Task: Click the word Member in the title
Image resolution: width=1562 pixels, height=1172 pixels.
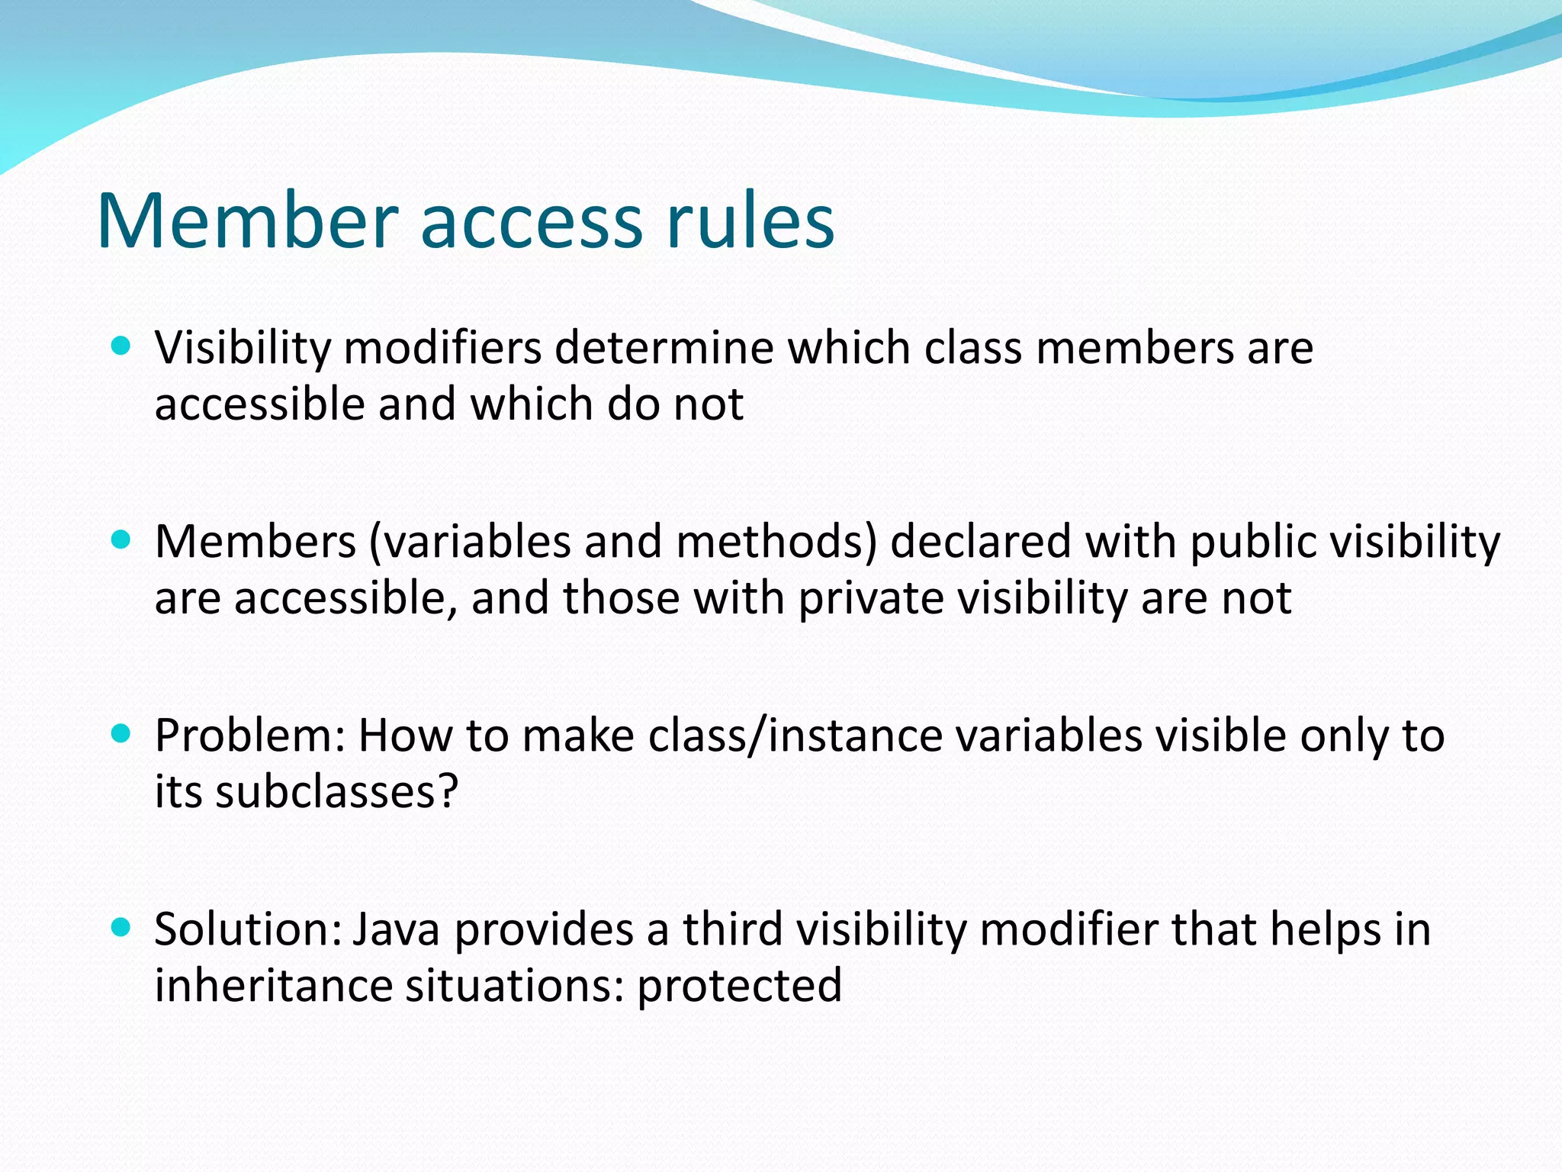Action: click(248, 221)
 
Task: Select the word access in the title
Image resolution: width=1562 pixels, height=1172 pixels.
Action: click(532, 221)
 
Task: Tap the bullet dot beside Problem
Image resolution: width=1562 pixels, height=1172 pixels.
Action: click(121, 734)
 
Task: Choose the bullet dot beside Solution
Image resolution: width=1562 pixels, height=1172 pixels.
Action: click(121, 928)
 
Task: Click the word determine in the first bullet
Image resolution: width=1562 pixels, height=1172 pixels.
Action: click(664, 348)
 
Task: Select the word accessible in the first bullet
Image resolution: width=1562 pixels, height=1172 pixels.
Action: click(260, 404)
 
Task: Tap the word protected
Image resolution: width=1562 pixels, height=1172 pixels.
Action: click(739, 985)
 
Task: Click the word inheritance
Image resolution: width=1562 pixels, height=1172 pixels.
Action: click(273, 985)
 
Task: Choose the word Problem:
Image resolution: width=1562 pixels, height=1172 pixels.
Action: click(250, 736)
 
